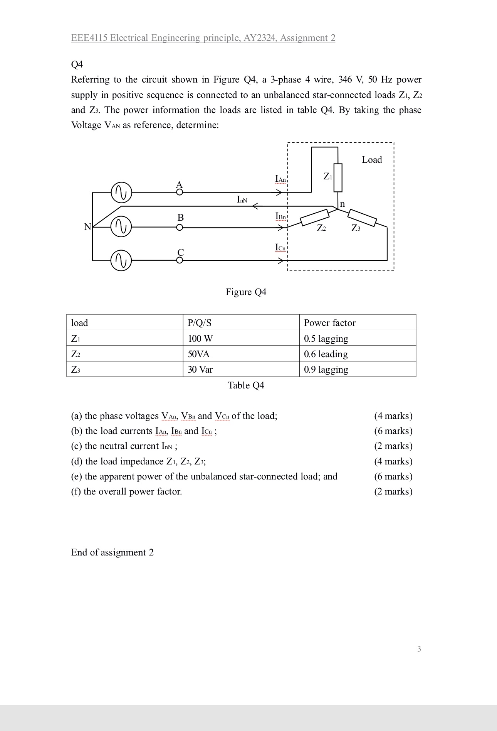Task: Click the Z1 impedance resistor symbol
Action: [338, 177]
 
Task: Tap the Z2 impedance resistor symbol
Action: [314, 217]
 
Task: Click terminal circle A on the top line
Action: [180, 192]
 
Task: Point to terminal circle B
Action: [180, 228]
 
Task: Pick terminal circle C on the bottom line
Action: [180, 260]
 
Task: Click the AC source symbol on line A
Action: [121, 192]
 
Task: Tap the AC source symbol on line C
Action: [121, 261]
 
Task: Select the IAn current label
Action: [280, 179]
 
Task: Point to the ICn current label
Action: [280, 248]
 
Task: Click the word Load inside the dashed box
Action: [372, 160]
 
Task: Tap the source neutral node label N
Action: [87, 227]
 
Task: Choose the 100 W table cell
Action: [200, 339]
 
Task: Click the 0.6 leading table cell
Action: [326, 354]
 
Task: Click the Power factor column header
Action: [329, 323]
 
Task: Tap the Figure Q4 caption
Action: [246, 292]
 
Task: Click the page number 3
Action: [419, 649]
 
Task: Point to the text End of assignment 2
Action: [112, 552]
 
